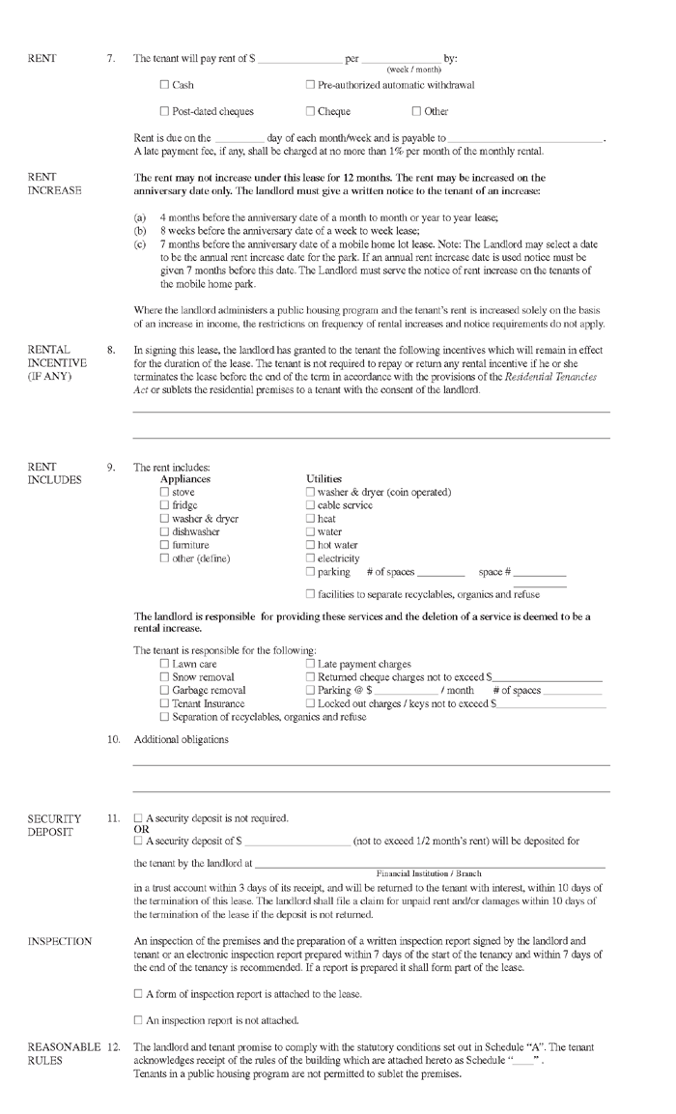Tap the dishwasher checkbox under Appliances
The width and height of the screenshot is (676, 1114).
(164, 532)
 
